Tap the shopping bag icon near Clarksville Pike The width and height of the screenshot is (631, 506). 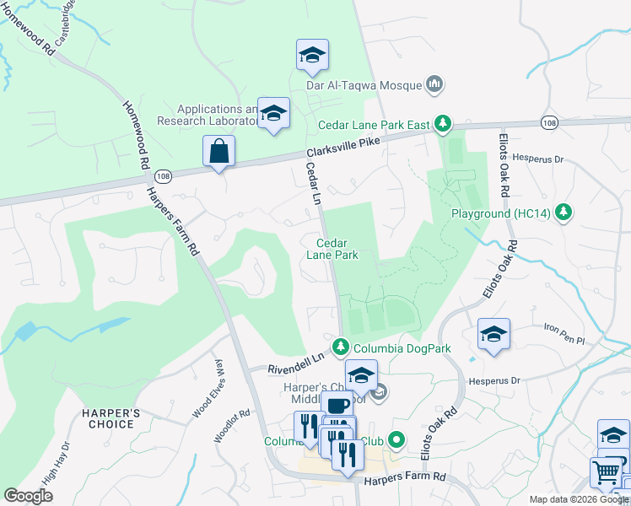[x=218, y=153]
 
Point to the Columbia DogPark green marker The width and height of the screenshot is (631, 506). [x=341, y=347]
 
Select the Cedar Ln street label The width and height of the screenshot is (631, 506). [x=313, y=184]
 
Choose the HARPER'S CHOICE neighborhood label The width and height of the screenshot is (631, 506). [x=111, y=418]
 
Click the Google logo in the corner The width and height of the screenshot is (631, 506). [x=29, y=496]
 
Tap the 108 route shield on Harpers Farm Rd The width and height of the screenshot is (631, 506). [x=163, y=175]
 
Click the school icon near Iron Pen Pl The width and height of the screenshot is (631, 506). [x=493, y=334]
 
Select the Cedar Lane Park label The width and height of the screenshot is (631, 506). [x=332, y=249]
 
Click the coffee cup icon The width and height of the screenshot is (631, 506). [x=337, y=406]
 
